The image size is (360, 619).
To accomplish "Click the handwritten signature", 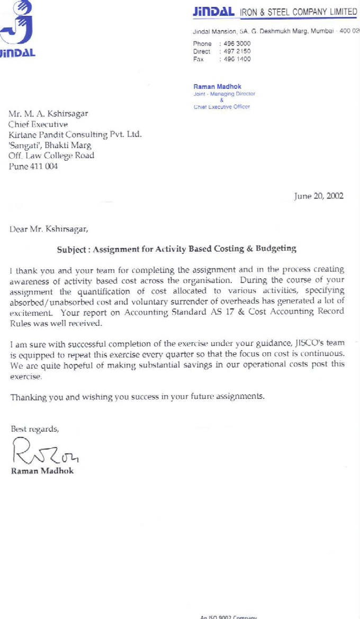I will [45, 452].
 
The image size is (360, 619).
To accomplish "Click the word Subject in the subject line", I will [73, 248].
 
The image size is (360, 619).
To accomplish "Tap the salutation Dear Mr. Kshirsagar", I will [49, 229].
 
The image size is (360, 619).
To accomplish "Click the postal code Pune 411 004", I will [33, 166].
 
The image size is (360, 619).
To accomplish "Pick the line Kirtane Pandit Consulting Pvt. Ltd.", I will [75, 134].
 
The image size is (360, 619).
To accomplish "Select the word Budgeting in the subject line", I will [276, 248].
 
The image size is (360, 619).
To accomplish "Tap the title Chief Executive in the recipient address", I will [38, 124].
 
